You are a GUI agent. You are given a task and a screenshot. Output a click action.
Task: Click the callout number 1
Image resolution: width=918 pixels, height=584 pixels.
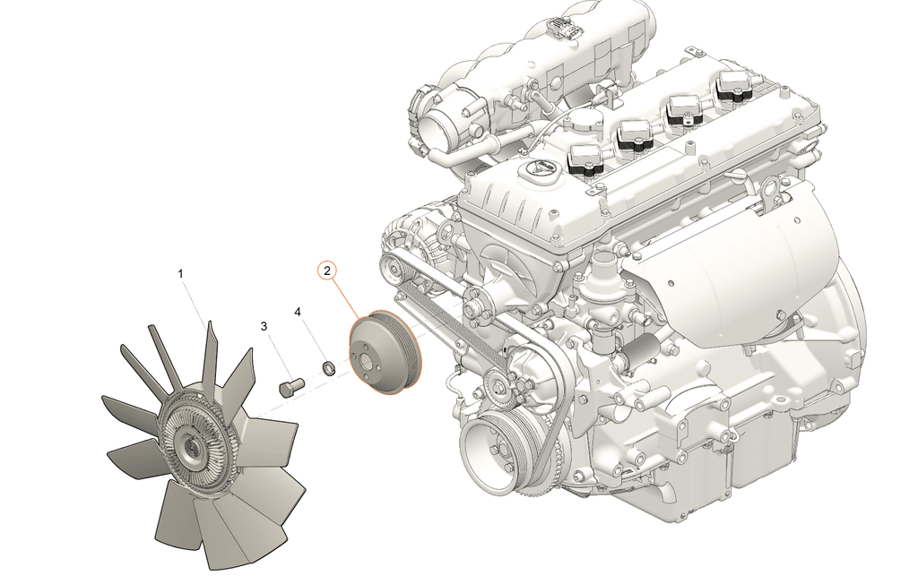click(x=181, y=273)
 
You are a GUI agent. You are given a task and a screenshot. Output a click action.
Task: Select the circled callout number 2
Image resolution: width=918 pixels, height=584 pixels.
click(x=327, y=271)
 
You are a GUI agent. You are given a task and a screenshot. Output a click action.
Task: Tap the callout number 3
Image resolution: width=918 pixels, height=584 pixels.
click(x=264, y=326)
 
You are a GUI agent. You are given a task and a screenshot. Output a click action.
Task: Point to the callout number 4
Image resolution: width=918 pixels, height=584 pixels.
click(x=298, y=312)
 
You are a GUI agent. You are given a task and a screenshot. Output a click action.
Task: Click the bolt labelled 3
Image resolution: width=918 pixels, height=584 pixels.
click(x=290, y=387)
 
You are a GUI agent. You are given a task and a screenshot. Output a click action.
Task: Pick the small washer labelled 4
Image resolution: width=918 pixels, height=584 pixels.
click(x=330, y=368)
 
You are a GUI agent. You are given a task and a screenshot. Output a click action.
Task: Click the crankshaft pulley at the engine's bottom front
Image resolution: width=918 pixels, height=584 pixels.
click(x=492, y=448)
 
